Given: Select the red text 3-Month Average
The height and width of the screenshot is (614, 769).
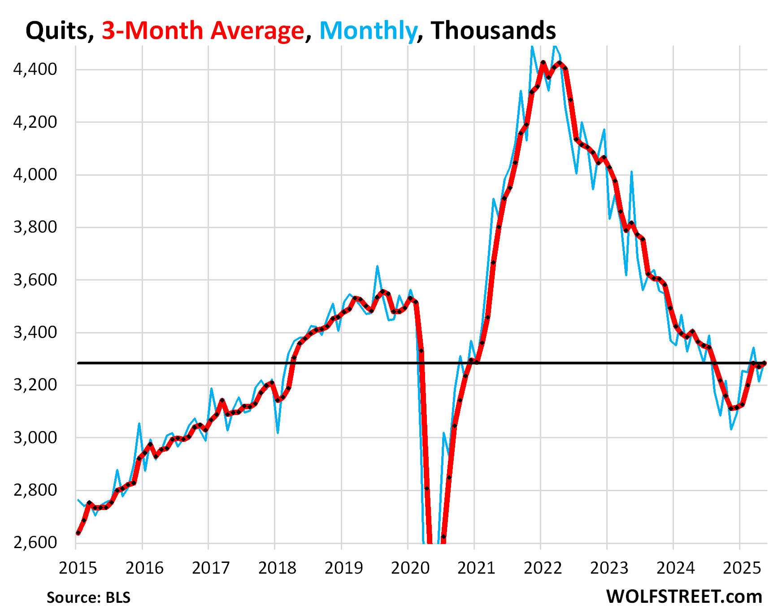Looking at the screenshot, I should click(x=203, y=31).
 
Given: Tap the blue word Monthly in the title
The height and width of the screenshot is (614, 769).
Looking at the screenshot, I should click(x=368, y=31).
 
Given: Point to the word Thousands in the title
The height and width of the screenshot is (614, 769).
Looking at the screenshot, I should click(x=493, y=31).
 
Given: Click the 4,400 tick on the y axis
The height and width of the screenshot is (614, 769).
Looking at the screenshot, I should click(x=35, y=69).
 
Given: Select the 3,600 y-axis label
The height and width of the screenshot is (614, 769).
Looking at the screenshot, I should click(x=35, y=280).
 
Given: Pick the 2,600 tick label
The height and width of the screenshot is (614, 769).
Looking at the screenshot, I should click(x=35, y=543).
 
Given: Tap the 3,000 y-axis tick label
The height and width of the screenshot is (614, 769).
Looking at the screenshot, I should click(x=35, y=437).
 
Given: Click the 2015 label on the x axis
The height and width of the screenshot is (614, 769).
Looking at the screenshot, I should click(x=78, y=568).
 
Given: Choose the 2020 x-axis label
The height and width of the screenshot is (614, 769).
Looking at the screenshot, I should click(x=410, y=568).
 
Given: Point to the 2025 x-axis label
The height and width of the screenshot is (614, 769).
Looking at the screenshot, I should click(x=742, y=568).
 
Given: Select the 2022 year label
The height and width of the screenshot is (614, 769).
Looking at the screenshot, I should click(x=543, y=568).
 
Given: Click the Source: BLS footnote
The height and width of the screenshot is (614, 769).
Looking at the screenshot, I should click(x=88, y=597).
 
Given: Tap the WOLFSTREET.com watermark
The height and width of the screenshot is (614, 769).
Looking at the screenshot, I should click(x=684, y=597).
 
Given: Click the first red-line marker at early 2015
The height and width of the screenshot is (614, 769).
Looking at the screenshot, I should click(x=78, y=533).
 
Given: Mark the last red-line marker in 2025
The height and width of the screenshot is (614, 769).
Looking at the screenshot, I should click(x=765, y=363).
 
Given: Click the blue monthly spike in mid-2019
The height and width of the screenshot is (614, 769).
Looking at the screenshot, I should click(x=378, y=266).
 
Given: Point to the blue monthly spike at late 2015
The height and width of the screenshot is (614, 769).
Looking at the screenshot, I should click(x=139, y=423).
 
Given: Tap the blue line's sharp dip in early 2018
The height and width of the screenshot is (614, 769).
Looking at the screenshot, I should click(x=278, y=433).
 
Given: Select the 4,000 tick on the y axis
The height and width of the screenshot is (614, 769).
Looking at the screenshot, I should click(x=35, y=174).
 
